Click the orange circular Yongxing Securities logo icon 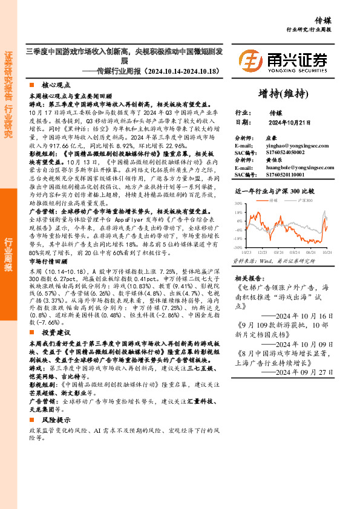click(x=249, y=60)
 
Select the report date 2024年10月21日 click(x=289, y=122)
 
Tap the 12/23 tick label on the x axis click(x=263, y=252)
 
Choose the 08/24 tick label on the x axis click(x=311, y=252)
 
